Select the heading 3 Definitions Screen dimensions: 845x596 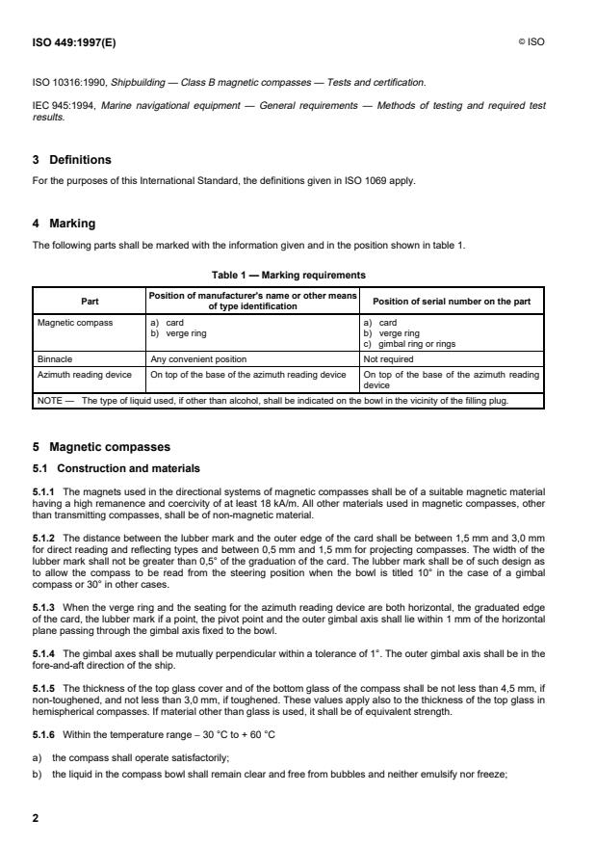pyautogui.click(x=72, y=160)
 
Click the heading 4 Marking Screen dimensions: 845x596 pyautogui.click(x=64, y=224)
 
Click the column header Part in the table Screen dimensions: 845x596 pyautogui.click(x=88, y=301)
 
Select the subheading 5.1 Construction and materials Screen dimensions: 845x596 pyautogui.click(x=116, y=468)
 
